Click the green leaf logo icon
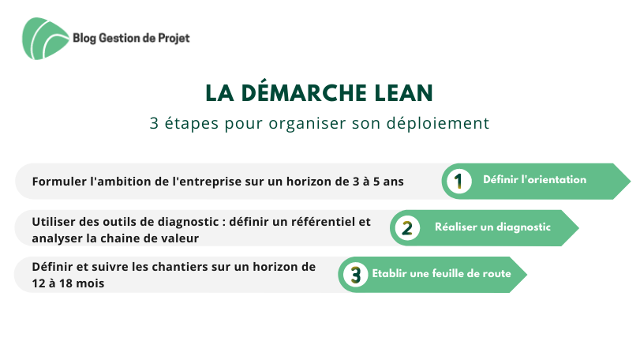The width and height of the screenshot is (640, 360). coord(45,39)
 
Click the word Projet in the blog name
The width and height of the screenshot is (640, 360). coord(174,39)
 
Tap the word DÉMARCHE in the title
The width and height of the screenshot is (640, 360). coord(304,92)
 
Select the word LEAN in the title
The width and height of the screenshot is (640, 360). coord(404,93)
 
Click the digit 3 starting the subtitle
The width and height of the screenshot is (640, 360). coord(154,123)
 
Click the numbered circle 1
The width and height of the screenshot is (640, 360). coord(458,182)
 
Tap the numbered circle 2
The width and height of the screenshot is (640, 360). coord(407,228)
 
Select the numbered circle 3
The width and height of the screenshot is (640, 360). coord(355,274)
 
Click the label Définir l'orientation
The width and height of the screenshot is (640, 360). coord(535,179)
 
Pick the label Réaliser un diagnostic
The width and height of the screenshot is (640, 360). coord(492,227)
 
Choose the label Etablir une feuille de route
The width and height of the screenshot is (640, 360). coord(442,273)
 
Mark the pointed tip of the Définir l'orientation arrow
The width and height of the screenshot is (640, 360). coord(631,182)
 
